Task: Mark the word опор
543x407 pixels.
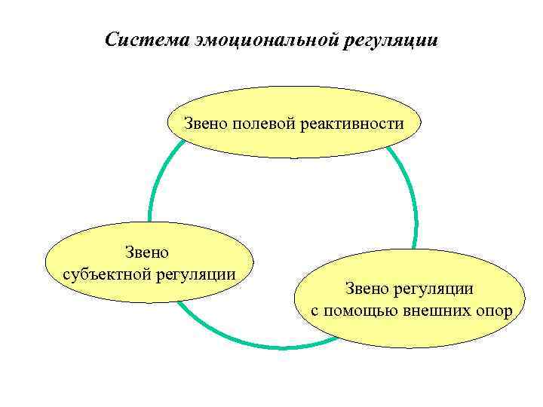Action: click(495, 310)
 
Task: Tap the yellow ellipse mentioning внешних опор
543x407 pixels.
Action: click(411, 332)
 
